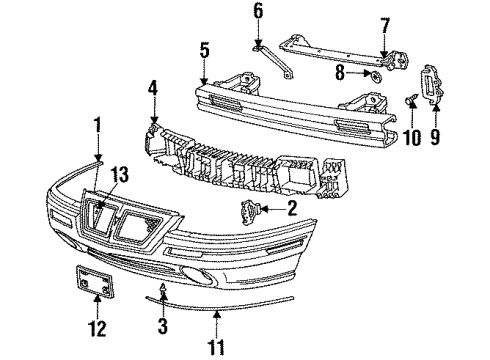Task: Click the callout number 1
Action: (x=98, y=125)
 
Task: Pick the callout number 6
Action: (x=257, y=12)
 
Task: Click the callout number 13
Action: (x=121, y=174)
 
